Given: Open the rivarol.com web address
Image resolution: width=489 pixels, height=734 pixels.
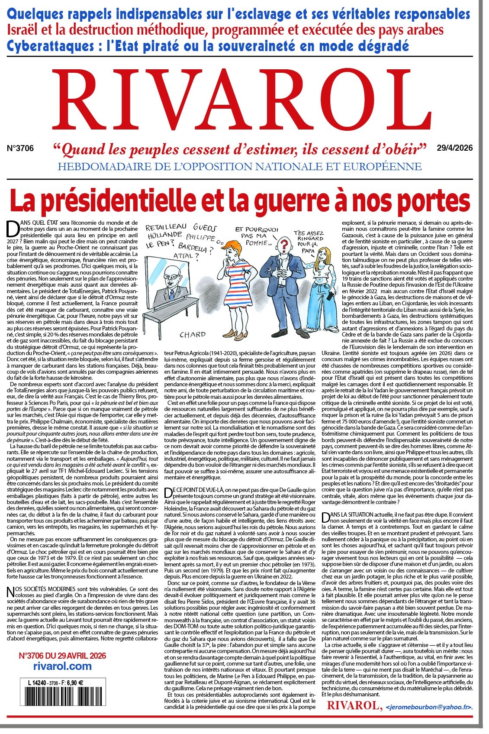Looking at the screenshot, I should [62, 666].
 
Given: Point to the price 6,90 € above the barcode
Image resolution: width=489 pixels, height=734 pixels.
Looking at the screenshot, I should [74, 683].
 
